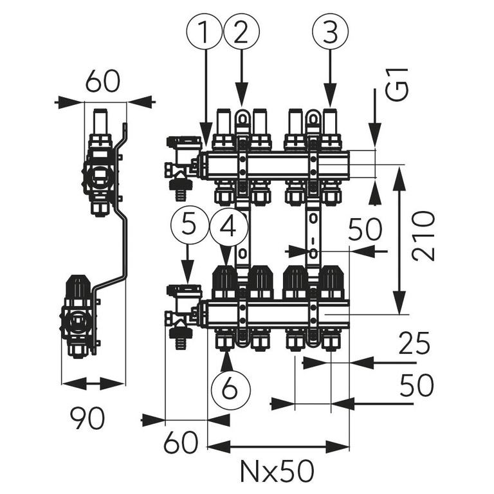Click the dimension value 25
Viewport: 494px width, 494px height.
pos(414,344)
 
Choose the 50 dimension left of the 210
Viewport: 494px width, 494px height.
pos(364,230)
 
